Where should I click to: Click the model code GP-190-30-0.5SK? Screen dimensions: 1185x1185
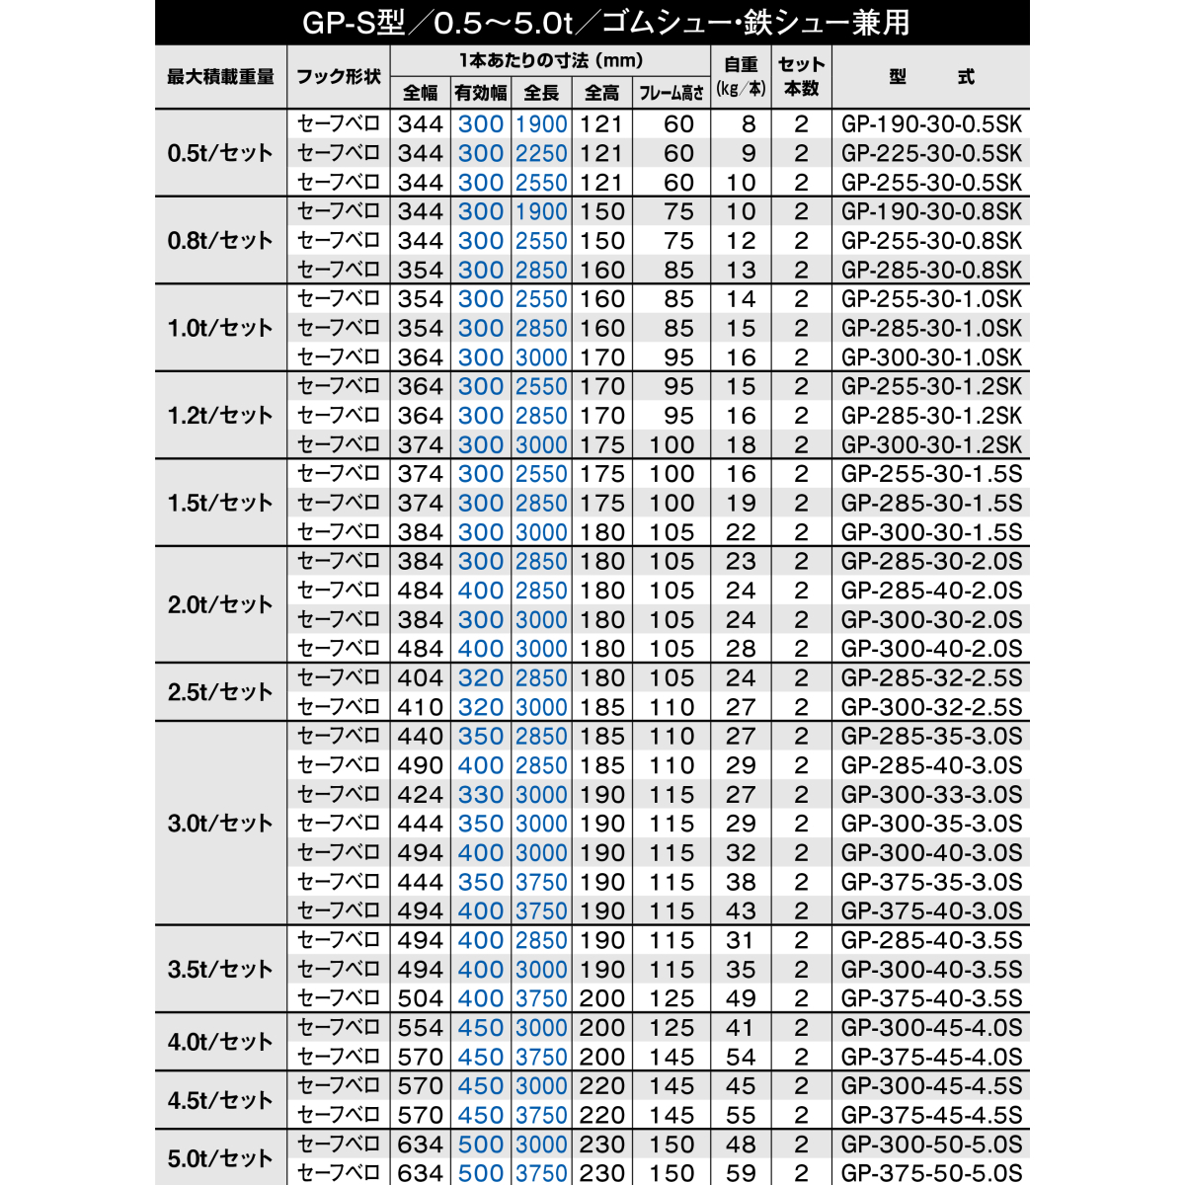(x=931, y=124)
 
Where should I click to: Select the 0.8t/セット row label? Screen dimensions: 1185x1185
(x=220, y=241)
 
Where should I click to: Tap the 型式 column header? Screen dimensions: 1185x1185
(x=931, y=77)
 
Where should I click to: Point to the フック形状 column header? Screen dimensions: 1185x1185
(x=339, y=77)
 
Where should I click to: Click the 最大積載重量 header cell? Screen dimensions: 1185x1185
(x=220, y=77)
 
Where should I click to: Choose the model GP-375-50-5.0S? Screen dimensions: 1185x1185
(x=931, y=1173)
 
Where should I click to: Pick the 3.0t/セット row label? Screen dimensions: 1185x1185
(x=220, y=824)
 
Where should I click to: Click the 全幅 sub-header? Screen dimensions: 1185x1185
(x=421, y=93)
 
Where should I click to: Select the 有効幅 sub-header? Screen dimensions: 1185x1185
(x=481, y=93)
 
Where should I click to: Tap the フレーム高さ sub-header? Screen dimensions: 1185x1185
(x=671, y=93)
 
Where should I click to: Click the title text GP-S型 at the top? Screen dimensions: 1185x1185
(x=353, y=23)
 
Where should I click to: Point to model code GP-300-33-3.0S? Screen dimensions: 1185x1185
(x=931, y=795)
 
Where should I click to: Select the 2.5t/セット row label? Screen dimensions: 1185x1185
(x=220, y=692)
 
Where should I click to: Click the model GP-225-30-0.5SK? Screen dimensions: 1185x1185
(x=931, y=154)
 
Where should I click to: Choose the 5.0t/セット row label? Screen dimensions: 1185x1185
(x=220, y=1158)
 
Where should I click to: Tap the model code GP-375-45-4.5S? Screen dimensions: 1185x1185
(x=931, y=1115)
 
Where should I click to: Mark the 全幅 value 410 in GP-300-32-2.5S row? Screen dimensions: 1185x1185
(x=421, y=707)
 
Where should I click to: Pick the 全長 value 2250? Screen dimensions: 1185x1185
(x=541, y=154)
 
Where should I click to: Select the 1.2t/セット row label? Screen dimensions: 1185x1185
(x=220, y=416)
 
